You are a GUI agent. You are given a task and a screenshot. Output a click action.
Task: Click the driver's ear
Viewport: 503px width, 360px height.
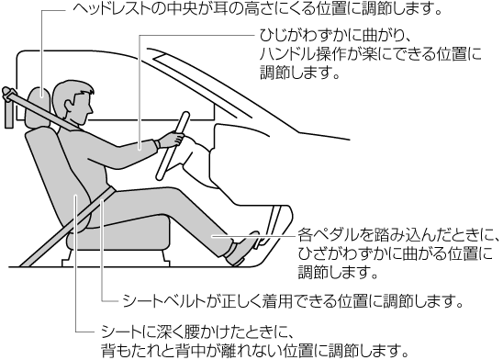pyautogui.click(x=69, y=104)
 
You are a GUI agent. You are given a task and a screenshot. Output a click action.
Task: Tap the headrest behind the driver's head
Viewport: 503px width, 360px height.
pyautogui.click(x=39, y=107)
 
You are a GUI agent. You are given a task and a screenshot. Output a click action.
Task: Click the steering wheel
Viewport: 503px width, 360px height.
pyautogui.click(x=173, y=145)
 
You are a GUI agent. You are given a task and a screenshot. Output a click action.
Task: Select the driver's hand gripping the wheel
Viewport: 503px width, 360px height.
pyautogui.click(x=172, y=140)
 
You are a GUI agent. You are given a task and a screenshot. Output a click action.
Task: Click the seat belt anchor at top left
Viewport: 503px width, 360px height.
pyautogui.click(x=9, y=107)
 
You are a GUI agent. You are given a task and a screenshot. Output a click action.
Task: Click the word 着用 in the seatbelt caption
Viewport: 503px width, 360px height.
pyautogui.click(x=276, y=301)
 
